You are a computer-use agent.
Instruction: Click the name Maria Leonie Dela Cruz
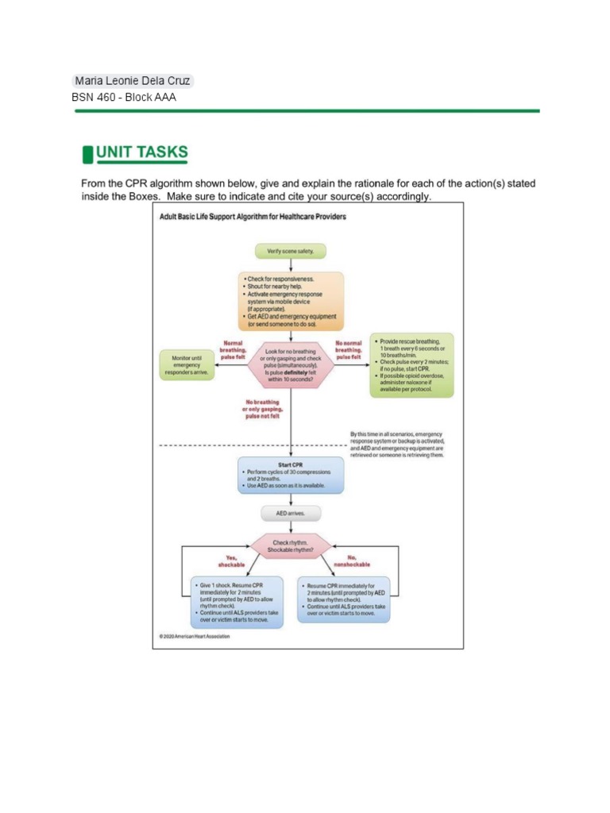click(132, 81)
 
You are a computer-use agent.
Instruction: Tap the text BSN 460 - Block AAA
click(124, 98)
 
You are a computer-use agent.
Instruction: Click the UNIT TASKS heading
click(142, 152)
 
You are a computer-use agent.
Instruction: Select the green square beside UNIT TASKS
click(87, 152)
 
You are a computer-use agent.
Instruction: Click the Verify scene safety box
click(290, 251)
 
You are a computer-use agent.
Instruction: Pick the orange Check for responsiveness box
click(291, 300)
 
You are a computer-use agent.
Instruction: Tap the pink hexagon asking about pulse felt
click(291, 365)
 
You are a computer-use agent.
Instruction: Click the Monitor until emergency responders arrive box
click(187, 365)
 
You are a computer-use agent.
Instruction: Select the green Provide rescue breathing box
click(411, 365)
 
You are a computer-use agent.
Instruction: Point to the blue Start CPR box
click(291, 475)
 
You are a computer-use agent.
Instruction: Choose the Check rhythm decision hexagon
click(291, 547)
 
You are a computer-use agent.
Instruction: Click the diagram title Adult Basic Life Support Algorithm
click(252, 217)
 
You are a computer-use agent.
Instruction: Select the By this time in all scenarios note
click(397, 445)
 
